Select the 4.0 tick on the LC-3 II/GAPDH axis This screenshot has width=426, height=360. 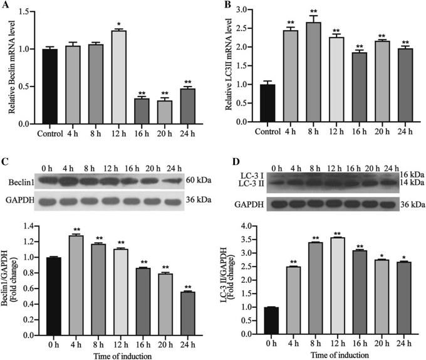tap(248, 225)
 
